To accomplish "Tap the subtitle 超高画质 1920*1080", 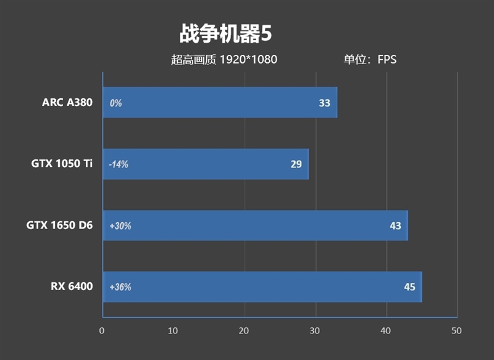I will coord(224,60).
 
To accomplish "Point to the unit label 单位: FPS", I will coord(370,60).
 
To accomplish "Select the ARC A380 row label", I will coord(67,103).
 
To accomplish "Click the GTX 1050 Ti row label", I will coord(62,164).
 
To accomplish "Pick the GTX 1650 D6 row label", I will coord(59,225).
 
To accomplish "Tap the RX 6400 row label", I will coord(72,287).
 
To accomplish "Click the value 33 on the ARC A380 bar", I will coord(325,103).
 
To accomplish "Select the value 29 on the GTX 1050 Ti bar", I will coord(296,164).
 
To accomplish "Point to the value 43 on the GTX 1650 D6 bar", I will coord(395,226).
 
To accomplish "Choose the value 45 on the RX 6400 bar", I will coord(409,287).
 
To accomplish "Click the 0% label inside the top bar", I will coord(115,103).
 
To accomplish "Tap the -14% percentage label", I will coord(119,165).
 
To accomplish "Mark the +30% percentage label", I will coord(120,226).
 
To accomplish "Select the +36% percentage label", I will coord(120,287).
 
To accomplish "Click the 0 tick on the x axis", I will coord(102,330).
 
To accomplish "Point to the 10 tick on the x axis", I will coord(173,330).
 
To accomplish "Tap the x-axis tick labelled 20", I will coord(244,330).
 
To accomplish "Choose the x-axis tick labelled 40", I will coord(386,330).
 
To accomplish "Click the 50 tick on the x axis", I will coord(457,330).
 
